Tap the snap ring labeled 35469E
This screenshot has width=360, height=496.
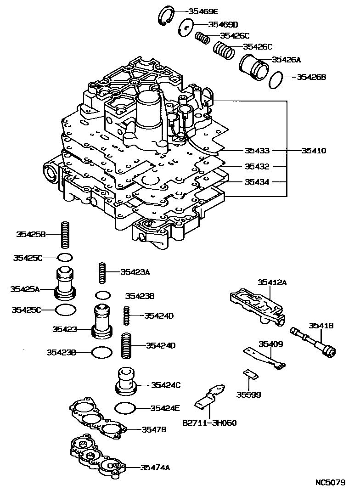tap(165, 17)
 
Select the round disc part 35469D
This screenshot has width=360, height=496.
tap(186, 27)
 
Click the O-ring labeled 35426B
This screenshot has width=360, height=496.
tap(277, 80)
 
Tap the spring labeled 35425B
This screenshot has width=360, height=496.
tap(65, 235)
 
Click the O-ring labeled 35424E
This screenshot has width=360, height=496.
tap(125, 408)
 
